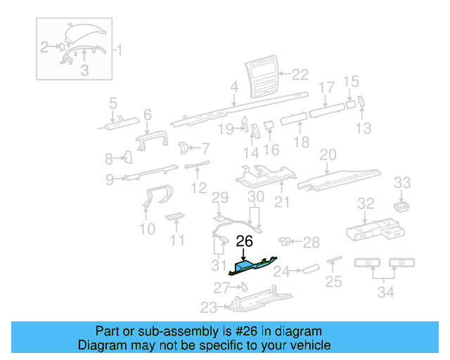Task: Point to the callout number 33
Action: click(401, 183)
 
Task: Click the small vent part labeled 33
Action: click(401, 206)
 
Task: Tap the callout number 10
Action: click(147, 229)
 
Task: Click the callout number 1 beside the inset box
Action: click(117, 51)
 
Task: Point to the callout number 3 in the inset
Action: click(84, 69)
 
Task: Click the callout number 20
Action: click(328, 155)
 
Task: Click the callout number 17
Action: click(328, 88)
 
